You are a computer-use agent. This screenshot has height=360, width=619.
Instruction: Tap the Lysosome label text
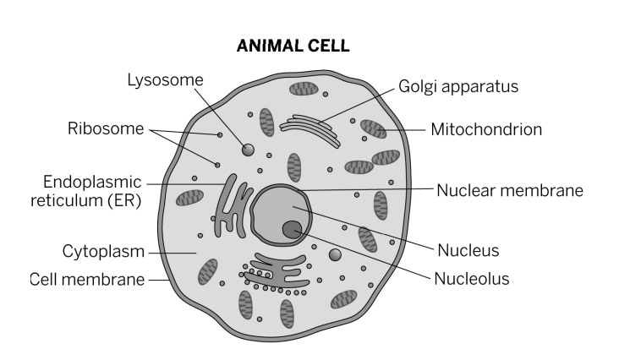(x=165, y=80)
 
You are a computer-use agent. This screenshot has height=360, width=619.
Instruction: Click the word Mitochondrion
(x=485, y=130)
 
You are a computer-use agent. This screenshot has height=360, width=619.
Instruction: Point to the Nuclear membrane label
(x=510, y=189)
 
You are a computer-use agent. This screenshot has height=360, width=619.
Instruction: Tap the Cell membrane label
(x=87, y=279)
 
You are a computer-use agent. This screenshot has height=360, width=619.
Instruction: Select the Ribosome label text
(x=107, y=129)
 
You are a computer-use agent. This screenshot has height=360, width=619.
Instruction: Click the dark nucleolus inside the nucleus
(x=293, y=227)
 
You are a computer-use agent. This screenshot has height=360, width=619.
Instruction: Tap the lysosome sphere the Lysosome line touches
(x=249, y=150)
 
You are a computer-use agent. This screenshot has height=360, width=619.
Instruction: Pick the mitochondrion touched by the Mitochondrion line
(x=373, y=129)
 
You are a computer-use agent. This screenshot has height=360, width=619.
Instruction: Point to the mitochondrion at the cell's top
(x=304, y=88)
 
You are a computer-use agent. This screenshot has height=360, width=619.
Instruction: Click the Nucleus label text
(x=468, y=250)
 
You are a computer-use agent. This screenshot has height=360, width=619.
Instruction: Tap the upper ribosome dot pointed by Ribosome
(x=220, y=135)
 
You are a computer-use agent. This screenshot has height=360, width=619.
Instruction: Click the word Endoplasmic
(x=91, y=182)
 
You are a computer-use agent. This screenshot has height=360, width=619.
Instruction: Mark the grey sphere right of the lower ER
(x=335, y=254)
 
